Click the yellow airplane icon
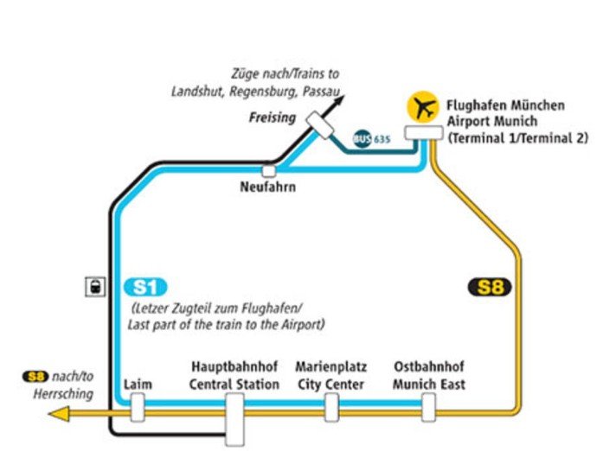pyautogui.click(x=422, y=108)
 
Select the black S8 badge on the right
pyautogui.click(x=490, y=288)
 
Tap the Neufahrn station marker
pyautogui.click(x=269, y=170)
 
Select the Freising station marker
pyautogui.click(x=320, y=126)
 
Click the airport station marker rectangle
pyautogui.click(x=425, y=133)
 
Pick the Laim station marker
pyautogui.click(x=138, y=407)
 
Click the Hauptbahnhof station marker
pyautogui.click(x=234, y=419)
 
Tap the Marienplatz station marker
pyautogui.click(x=331, y=407)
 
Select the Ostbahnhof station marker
pyautogui.click(x=428, y=407)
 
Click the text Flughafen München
pyautogui.click(x=505, y=105)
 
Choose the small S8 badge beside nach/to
pyautogui.click(x=34, y=377)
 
